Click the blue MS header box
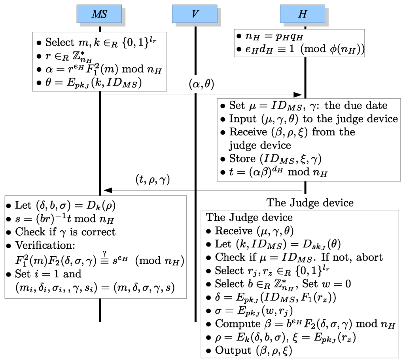click(x=99, y=14)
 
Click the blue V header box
click(x=195, y=14)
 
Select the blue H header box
click(x=302, y=14)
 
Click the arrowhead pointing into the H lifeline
click(x=297, y=95)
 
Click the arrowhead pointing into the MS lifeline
click(x=107, y=190)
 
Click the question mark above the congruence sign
click(x=105, y=253)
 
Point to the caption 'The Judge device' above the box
click(x=310, y=203)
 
